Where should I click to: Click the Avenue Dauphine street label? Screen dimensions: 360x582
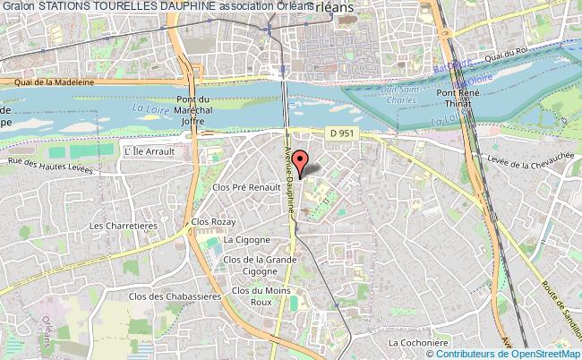click(x=291, y=179)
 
